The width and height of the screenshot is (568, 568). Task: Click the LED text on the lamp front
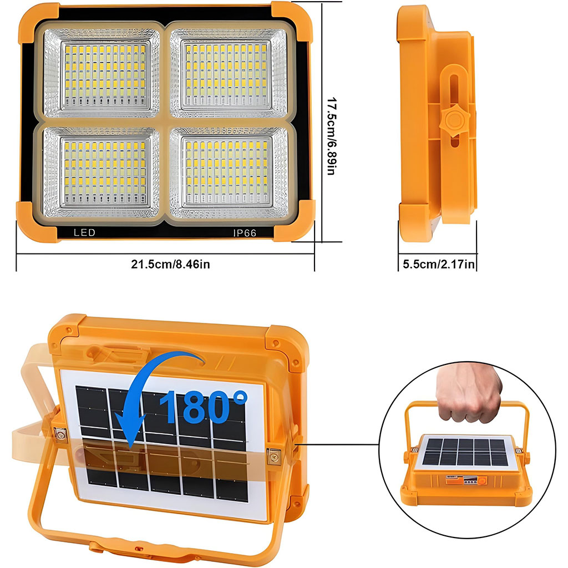point(84,232)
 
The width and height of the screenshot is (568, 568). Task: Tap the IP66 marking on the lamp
point(245,233)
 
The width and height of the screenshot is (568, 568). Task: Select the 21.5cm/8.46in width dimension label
point(170,264)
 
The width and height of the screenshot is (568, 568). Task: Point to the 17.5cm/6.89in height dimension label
point(332,136)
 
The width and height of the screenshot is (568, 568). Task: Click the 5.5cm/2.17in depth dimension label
point(439,264)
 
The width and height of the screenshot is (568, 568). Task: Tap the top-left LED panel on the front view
point(102,74)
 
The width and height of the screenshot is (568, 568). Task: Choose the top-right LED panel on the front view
point(229,74)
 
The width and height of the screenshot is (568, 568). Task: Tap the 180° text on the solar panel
point(203,407)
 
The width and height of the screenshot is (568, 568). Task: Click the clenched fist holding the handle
point(469,393)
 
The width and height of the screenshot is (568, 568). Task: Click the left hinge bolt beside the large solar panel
point(60,434)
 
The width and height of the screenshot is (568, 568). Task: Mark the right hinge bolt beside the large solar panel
point(273,457)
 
